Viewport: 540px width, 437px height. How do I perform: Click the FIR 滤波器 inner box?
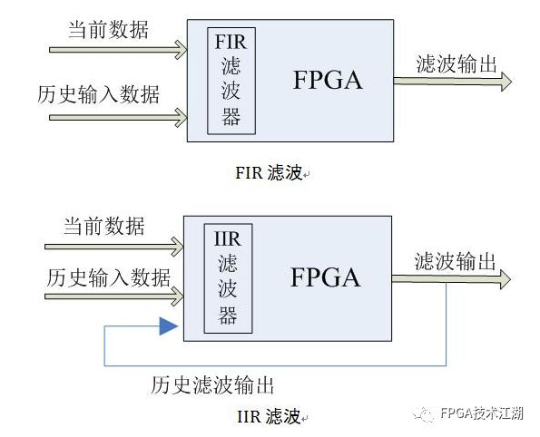(230, 80)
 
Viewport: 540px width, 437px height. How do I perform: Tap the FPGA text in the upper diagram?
(328, 80)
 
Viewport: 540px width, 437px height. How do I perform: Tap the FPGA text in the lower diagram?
(326, 277)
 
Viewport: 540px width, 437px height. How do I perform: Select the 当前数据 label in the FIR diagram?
(108, 29)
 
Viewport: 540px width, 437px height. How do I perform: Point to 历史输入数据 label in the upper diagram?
(99, 94)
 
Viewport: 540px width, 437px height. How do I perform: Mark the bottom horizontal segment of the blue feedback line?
(272, 365)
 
